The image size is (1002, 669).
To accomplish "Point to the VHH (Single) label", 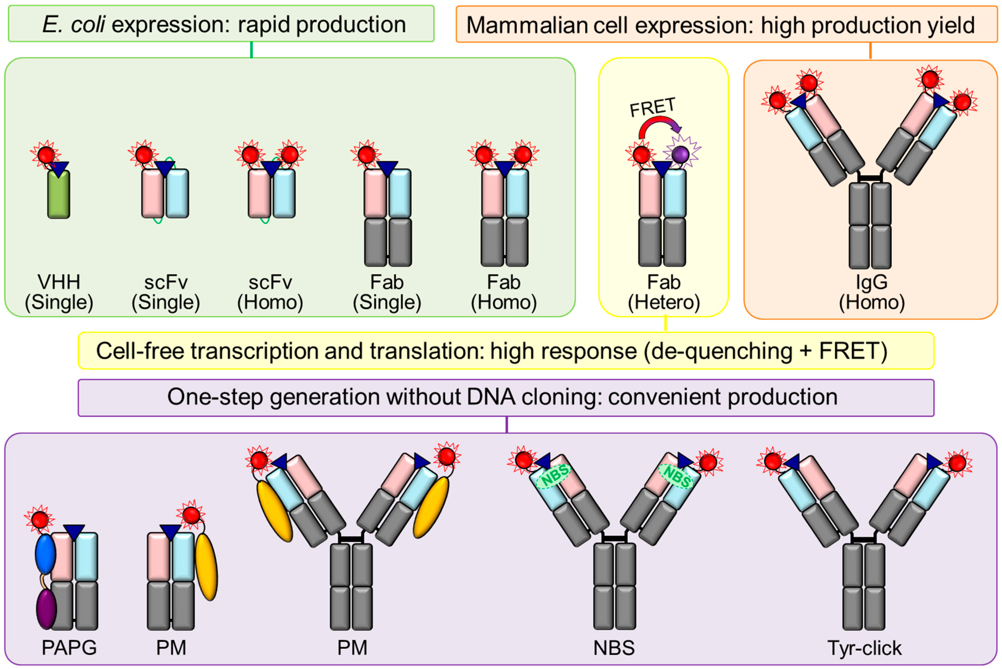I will (59, 292).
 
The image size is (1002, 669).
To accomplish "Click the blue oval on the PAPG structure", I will (45, 554).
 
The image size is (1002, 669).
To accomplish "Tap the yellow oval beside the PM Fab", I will (206, 567).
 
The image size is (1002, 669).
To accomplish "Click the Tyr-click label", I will (864, 648).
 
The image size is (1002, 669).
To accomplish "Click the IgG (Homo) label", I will (872, 292).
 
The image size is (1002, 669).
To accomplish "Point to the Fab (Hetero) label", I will (664, 292).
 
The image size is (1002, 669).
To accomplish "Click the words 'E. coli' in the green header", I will (73, 24).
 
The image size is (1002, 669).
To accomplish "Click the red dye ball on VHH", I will (46, 155).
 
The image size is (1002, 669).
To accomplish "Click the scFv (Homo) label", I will (270, 292).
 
